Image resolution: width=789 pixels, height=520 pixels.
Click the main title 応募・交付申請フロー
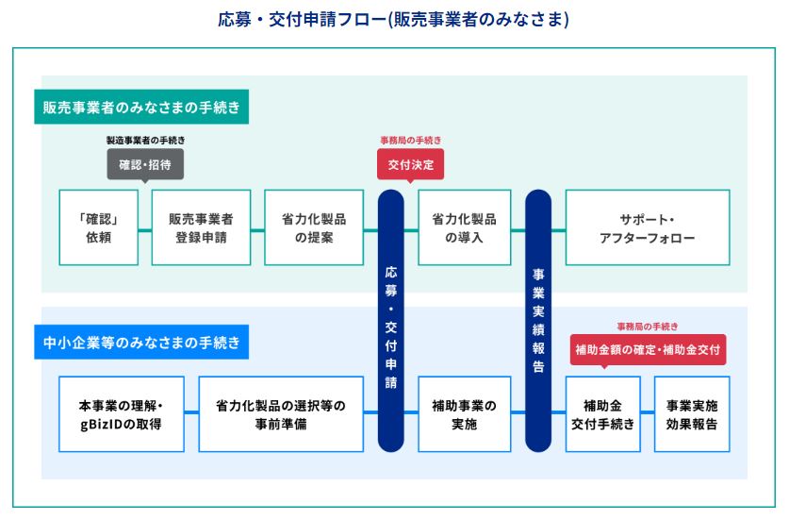[x=393, y=20]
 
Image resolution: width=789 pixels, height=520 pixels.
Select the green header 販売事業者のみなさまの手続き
[x=141, y=107]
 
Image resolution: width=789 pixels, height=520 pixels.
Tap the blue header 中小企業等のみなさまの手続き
[x=141, y=343]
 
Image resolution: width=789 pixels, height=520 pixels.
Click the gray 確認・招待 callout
[x=145, y=164]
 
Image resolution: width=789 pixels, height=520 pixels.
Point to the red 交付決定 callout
[x=411, y=164]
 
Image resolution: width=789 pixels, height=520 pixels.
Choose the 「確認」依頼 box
[x=99, y=227]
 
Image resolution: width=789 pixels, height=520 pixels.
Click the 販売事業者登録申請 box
[x=202, y=227]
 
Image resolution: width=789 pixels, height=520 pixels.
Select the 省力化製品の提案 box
[x=314, y=227]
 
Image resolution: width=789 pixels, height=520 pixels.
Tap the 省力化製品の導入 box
[x=465, y=227]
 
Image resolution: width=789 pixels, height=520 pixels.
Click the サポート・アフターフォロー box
[x=648, y=227]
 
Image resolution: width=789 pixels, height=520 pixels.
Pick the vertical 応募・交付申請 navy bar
[x=391, y=321]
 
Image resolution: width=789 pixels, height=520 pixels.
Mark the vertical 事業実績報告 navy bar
[x=538, y=321]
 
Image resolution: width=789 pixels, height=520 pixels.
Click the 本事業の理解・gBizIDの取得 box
[x=122, y=414]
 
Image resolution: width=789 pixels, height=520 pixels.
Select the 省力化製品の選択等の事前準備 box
[x=281, y=414]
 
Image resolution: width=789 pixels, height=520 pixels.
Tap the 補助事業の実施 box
[x=465, y=414]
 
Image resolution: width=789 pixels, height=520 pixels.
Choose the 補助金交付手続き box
[x=602, y=414]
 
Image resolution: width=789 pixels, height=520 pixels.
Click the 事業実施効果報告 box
[x=692, y=414]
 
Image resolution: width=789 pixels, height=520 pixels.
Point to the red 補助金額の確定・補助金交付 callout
[x=649, y=350]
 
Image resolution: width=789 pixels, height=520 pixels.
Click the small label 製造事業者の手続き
[x=145, y=140]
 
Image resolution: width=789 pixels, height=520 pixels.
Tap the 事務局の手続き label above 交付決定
[x=411, y=140]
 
